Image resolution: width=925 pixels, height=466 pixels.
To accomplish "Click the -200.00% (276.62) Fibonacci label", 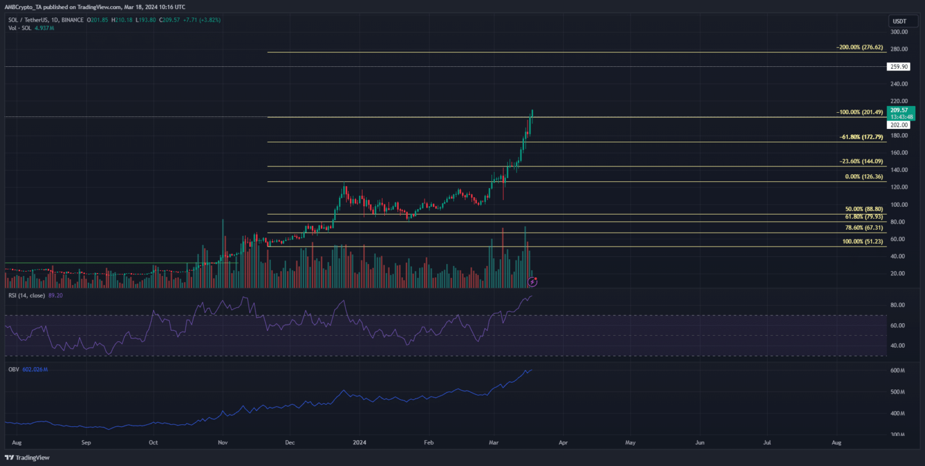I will [861, 46].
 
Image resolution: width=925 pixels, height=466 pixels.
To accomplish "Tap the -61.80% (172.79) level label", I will [862, 137].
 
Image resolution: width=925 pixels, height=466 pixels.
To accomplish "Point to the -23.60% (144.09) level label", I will [862, 162].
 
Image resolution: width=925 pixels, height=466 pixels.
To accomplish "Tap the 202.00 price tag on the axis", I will [897, 125].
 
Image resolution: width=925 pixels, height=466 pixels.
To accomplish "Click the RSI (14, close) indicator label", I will [30, 297].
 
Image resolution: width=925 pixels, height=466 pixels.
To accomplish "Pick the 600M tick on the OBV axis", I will [897, 371].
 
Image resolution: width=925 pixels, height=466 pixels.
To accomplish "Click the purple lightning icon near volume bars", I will [532, 281].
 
